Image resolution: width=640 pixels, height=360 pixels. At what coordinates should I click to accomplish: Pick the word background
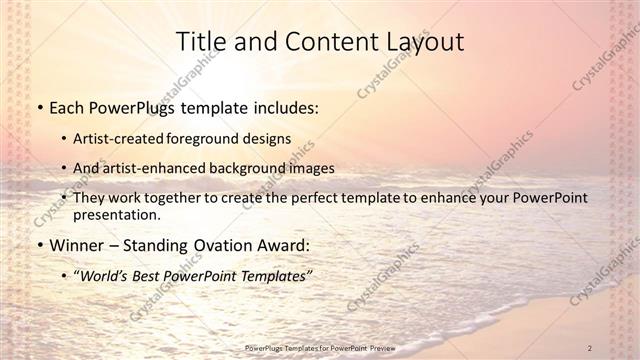[251, 168]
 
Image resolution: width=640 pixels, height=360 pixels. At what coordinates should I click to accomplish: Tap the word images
[311, 168]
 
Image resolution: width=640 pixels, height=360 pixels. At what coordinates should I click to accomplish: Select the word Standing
[152, 245]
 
